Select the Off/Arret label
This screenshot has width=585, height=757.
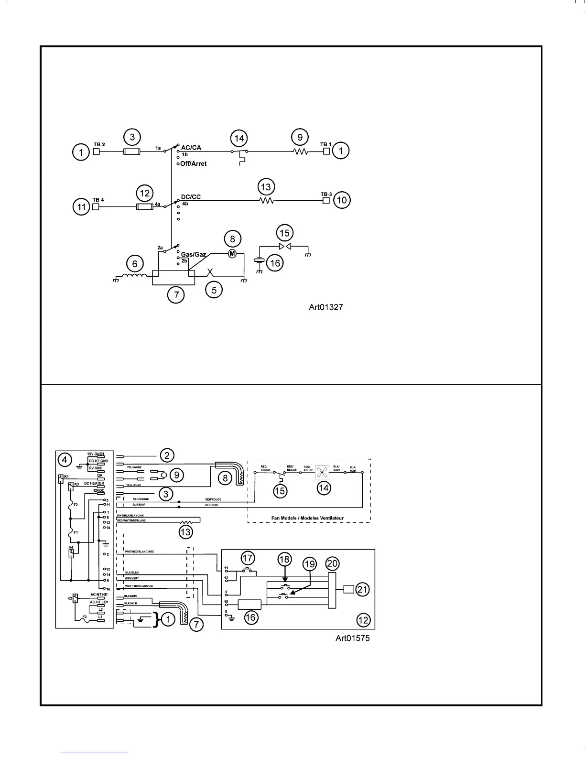point(194,163)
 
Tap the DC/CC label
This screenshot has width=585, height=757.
point(191,197)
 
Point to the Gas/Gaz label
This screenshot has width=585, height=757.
point(193,254)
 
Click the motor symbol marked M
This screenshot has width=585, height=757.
point(232,253)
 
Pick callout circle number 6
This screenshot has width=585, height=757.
point(135,263)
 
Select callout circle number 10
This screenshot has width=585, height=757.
point(342,200)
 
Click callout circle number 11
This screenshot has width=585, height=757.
point(82,207)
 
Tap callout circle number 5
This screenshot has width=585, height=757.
point(214,289)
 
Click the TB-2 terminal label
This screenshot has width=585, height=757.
point(99,144)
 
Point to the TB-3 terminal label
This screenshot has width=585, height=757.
point(326,194)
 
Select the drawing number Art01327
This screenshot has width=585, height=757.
point(326,307)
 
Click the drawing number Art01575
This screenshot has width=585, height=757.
point(352,638)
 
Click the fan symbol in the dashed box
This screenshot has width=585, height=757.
point(323,473)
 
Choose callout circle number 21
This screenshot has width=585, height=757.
point(363,589)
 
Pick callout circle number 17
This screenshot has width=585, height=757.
point(248,558)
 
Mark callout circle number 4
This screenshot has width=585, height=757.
point(65,460)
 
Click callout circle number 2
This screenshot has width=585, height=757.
point(166,455)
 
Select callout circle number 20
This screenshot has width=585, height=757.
point(332,564)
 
